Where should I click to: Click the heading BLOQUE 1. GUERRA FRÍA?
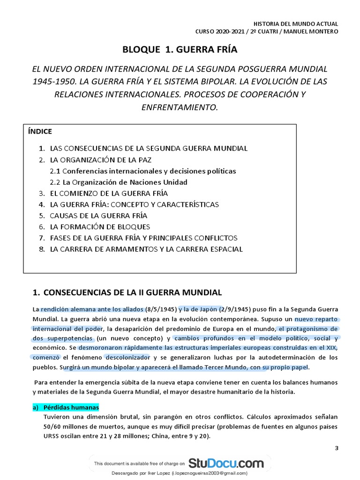[179, 50]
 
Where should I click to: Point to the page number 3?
[336, 449]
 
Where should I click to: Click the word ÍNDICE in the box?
[40, 132]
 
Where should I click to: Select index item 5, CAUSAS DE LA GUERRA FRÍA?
[98, 216]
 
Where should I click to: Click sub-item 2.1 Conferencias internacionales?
[143, 171]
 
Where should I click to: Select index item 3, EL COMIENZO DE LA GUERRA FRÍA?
[109, 193]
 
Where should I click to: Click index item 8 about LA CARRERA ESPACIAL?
[146, 249]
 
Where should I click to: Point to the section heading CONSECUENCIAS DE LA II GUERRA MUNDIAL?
[132, 293]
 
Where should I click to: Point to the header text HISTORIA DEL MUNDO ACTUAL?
[295, 23]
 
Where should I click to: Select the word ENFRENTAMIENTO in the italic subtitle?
[180, 107]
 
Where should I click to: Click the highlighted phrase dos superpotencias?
[63, 339]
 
